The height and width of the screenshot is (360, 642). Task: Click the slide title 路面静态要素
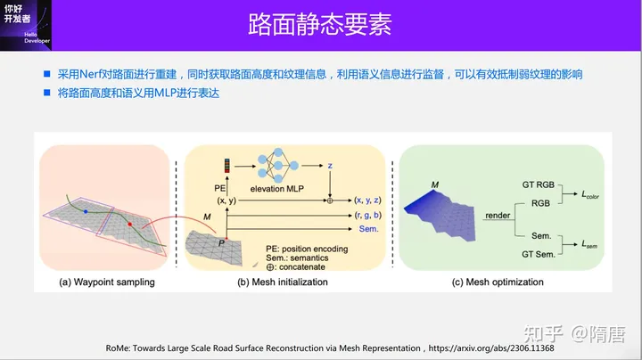pyautogui.click(x=318, y=24)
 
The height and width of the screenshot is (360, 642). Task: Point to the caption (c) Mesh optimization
pyautogui.click(x=498, y=282)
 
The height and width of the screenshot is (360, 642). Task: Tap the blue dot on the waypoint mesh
pyautogui.click(x=85, y=213)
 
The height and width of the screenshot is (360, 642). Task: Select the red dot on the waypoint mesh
pyautogui.click(x=129, y=225)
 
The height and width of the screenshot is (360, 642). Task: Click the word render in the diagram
pyautogui.click(x=498, y=216)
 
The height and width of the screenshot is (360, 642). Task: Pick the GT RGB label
pyautogui.click(x=540, y=184)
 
